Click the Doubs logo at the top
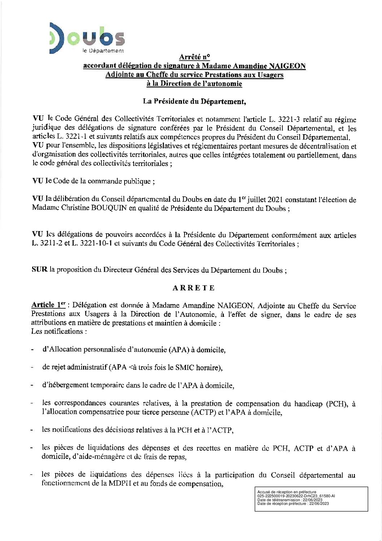point(87,38)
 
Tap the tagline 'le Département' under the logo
point(103,51)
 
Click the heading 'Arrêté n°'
point(194,57)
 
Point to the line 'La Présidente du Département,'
point(194,101)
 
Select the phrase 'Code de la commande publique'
point(102,181)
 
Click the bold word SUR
point(39,270)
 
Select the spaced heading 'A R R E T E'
point(194,288)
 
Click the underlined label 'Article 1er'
point(48,305)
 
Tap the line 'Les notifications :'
point(59,331)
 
